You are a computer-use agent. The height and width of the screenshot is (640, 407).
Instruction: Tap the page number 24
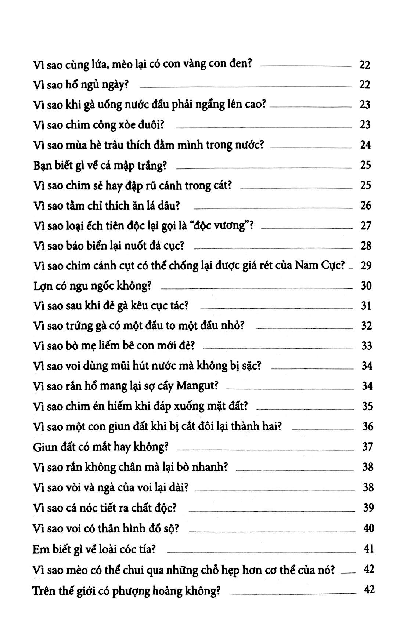365,145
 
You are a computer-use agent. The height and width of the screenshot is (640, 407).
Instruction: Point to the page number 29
366,265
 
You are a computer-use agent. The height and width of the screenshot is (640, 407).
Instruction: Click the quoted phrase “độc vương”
229,225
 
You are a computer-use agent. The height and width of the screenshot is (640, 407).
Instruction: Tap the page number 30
366,286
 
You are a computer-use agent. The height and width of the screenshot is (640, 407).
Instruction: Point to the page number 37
367,447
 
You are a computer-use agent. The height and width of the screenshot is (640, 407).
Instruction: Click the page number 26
366,205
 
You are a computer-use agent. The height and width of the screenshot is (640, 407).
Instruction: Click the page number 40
368,528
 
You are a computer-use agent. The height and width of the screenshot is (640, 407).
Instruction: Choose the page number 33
366,346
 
